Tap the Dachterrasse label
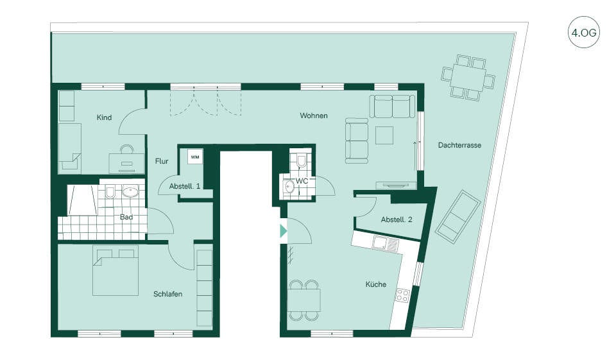click(459, 145)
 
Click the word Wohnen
click(314, 116)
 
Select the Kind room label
click(104, 117)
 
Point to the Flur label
click(162, 161)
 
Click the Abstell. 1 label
click(185, 186)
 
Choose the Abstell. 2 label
click(397, 220)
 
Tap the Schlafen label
click(167, 295)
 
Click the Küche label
click(376, 284)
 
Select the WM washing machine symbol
click(194, 156)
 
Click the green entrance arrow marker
click(283, 231)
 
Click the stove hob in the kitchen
click(402, 296)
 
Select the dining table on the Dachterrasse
click(468, 78)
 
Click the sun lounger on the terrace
click(458, 214)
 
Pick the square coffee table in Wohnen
click(385, 135)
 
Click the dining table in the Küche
click(304, 300)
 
